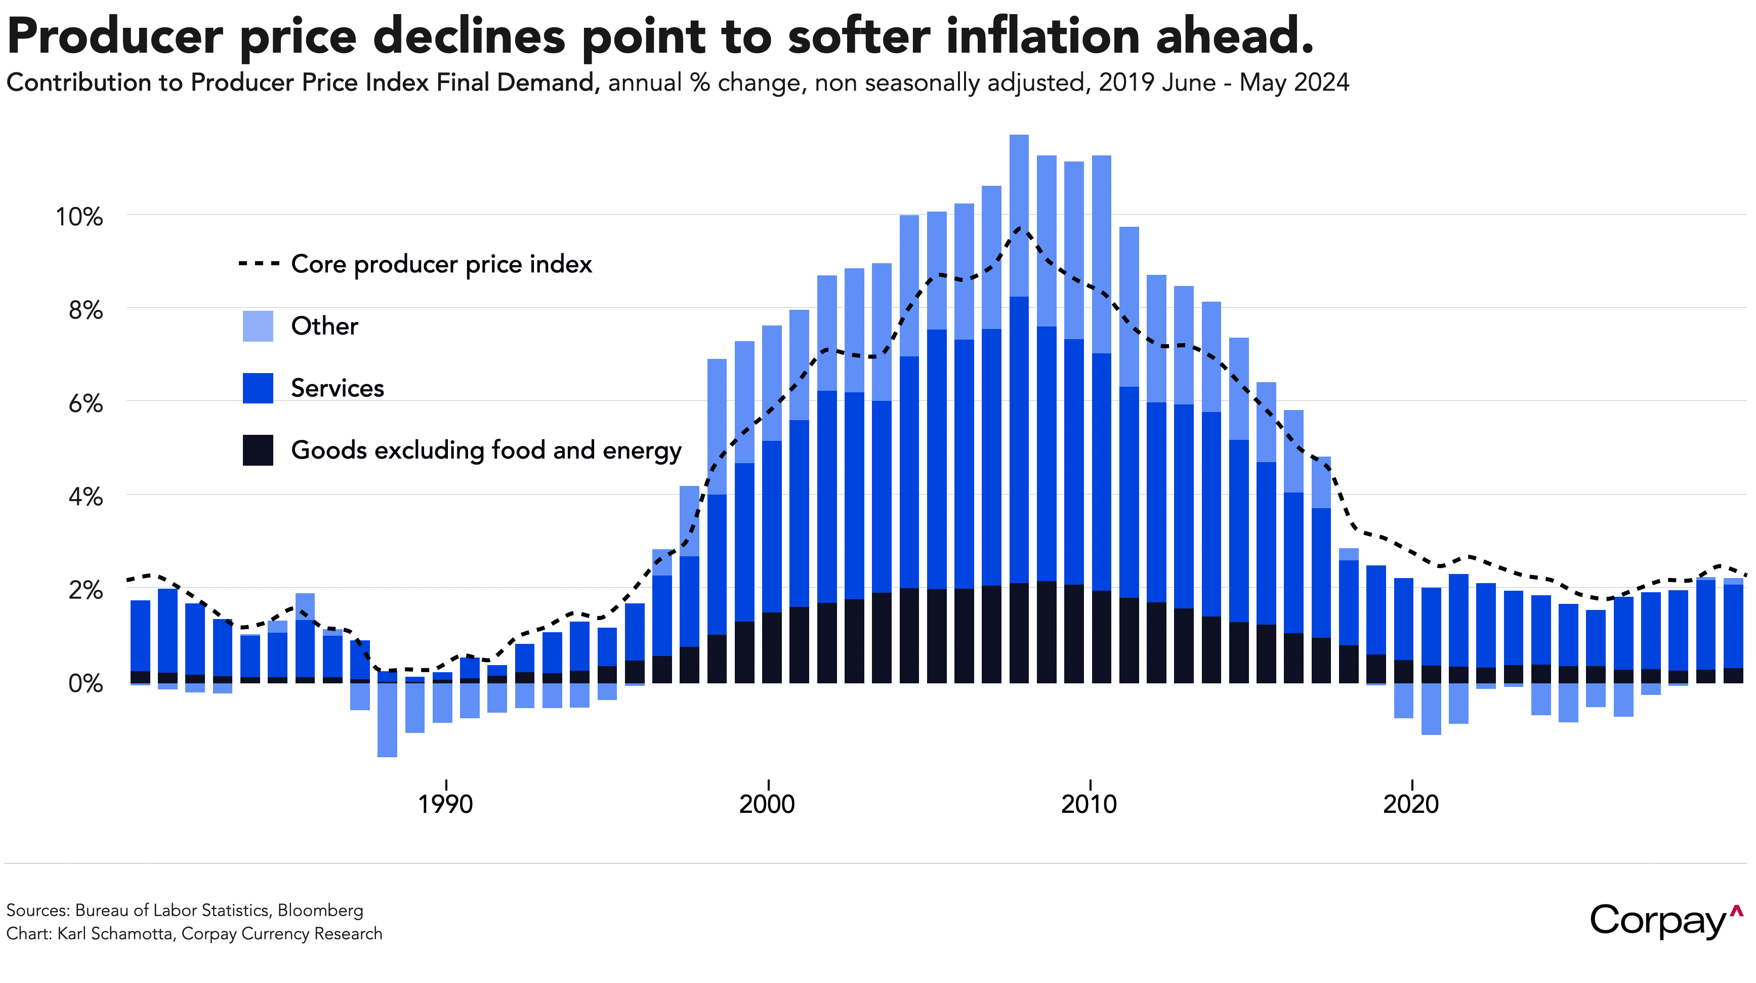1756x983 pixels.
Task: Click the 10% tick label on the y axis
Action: point(79,217)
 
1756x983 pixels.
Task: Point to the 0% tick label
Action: point(85,683)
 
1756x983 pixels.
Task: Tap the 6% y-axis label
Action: point(85,403)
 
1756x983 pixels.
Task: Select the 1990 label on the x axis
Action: point(445,804)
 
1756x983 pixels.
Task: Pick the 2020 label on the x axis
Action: point(1410,804)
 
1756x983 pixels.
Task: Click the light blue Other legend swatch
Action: point(258,326)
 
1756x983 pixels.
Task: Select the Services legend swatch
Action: point(258,388)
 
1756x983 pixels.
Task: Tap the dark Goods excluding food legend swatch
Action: point(258,450)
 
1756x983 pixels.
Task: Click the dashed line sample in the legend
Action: point(259,263)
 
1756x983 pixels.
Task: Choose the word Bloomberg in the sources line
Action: point(320,910)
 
